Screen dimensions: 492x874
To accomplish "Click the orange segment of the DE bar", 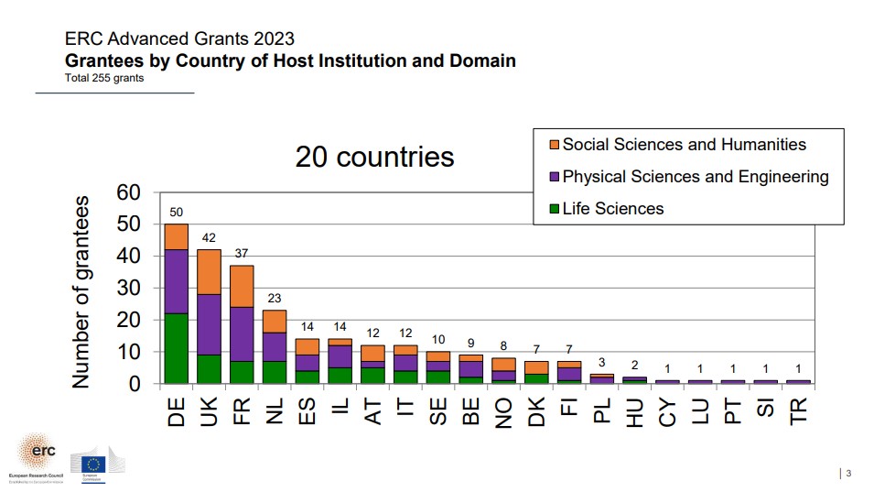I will point(176,236).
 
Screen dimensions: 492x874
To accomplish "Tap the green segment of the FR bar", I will point(242,372).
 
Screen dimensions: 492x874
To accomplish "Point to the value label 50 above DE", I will point(176,212).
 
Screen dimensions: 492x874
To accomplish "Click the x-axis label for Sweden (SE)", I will point(437,406).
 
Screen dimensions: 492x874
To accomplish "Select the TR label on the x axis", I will point(798,406).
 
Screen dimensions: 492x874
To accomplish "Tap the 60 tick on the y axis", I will point(129,192).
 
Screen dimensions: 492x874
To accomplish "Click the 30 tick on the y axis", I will point(129,288).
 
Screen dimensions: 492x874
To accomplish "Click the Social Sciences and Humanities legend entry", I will point(684,145).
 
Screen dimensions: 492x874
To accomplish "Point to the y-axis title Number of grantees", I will point(81,290).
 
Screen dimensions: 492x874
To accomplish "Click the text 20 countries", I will point(374,157).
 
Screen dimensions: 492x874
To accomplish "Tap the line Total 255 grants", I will point(104,78).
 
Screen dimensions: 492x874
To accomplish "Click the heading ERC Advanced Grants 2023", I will point(179,38).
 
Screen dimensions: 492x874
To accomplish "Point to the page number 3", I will point(848,473).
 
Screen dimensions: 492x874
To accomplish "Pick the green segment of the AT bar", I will point(372,375).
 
